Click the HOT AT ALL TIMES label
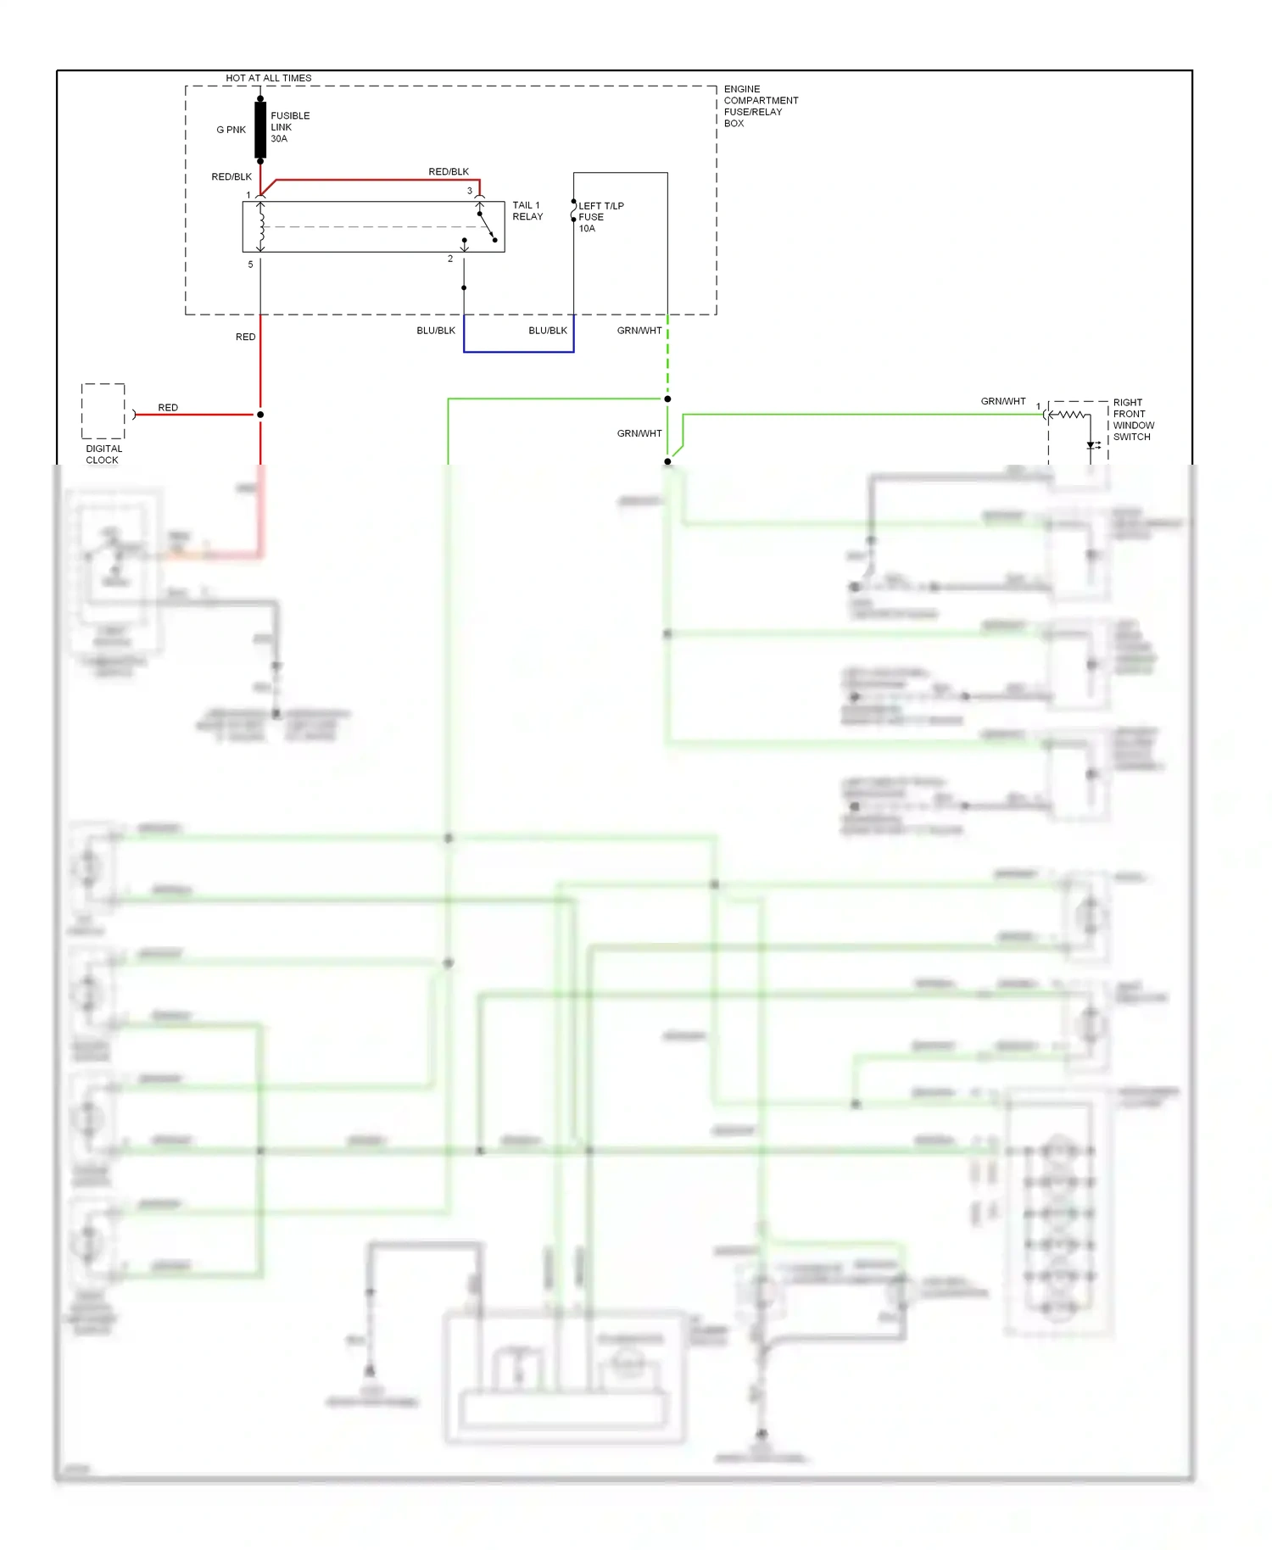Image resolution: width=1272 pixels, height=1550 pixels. click(x=268, y=78)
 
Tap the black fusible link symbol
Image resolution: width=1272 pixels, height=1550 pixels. click(x=260, y=130)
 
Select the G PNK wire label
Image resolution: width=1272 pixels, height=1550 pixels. click(x=231, y=130)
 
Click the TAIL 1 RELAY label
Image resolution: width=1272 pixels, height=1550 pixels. click(x=527, y=210)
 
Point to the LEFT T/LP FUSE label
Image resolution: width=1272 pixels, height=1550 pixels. click(x=600, y=211)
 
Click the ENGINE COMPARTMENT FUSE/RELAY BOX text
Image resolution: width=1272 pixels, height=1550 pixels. click(x=760, y=106)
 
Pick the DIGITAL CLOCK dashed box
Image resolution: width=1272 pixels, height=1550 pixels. click(x=103, y=411)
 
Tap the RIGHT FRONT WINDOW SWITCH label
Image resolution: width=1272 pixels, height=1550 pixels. click(x=1133, y=420)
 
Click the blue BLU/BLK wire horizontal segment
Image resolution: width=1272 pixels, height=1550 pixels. click(x=518, y=351)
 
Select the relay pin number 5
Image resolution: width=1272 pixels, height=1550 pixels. click(x=250, y=265)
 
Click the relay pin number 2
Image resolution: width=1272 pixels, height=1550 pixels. click(x=450, y=259)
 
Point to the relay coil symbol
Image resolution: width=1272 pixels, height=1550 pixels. click(x=261, y=226)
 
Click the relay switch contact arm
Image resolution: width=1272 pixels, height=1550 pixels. click(x=487, y=227)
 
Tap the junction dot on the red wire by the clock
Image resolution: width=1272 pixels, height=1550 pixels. click(x=260, y=415)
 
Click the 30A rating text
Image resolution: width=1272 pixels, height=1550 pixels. click(x=279, y=139)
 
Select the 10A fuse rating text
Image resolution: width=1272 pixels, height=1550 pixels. click(x=587, y=229)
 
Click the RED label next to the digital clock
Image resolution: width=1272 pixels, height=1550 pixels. click(x=168, y=408)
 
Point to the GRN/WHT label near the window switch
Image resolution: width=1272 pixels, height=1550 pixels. click(x=1003, y=401)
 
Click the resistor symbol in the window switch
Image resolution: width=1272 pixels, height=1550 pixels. click(x=1071, y=415)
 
